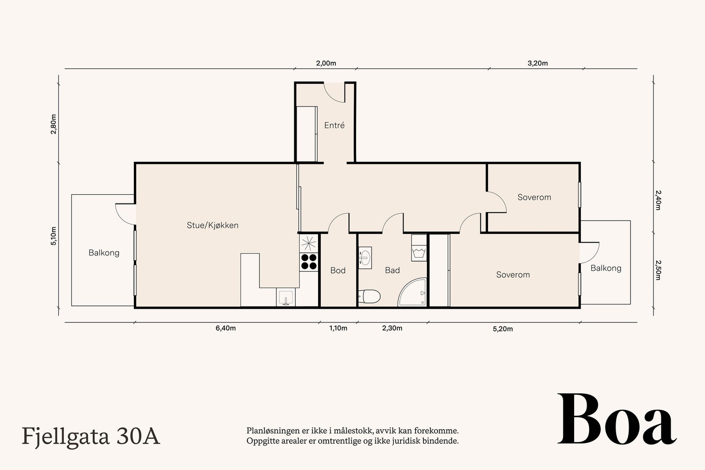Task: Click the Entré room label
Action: tap(334, 125)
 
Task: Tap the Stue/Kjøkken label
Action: tap(213, 225)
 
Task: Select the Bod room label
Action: tap(338, 270)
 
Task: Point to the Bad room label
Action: tap(393, 270)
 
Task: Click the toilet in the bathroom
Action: tap(370, 296)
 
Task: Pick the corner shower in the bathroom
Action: tap(412, 292)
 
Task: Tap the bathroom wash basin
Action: tap(365, 258)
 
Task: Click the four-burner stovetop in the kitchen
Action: tap(309, 262)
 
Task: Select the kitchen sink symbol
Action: tap(286, 297)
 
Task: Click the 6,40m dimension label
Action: tap(226, 328)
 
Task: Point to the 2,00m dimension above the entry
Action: tap(326, 63)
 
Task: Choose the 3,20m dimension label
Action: tap(538, 63)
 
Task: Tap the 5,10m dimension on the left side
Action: tap(53, 236)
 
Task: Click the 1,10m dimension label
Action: tap(338, 328)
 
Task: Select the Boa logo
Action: tap(617, 419)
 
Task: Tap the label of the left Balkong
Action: tap(104, 253)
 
